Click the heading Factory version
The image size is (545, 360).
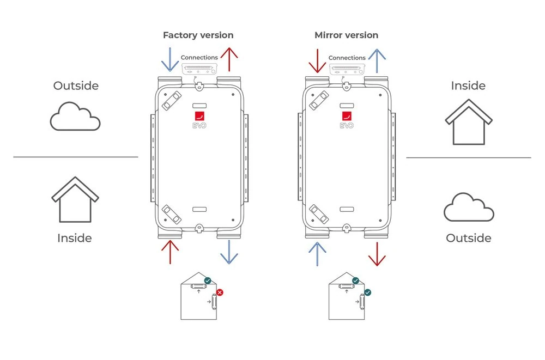click(x=198, y=35)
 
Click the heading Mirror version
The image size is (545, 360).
click(x=346, y=35)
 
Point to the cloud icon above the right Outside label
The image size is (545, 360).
click(x=469, y=208)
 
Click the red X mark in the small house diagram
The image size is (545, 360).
click(x=220, y=292)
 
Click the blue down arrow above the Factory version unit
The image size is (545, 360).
click(x=169, y=60)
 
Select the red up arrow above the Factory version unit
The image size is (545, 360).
click(x=229, y=60)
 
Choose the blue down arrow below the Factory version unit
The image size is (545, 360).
click(x=229, y=253)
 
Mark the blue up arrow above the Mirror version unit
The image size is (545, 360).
click(x=377, y=60)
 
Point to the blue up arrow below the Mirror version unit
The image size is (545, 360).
click(x=317, y=254)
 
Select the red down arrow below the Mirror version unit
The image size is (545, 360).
click(x=377, y=254)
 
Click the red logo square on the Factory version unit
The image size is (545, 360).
click(x=199, y=116)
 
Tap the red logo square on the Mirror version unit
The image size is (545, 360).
click(x=347, y=116)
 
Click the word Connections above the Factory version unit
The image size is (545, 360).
click(x=199, y=58)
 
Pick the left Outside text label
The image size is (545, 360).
click(x=76, y=86)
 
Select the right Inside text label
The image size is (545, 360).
click(x=468, y=86)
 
